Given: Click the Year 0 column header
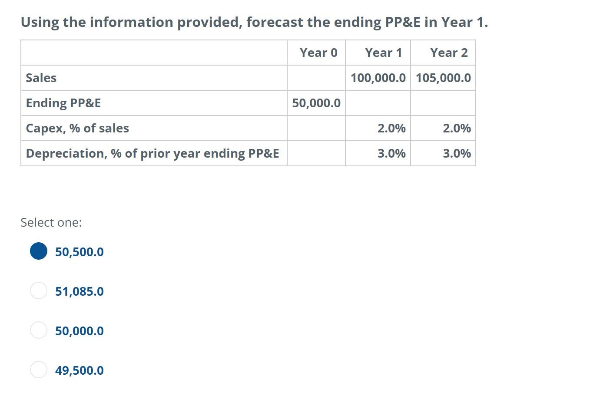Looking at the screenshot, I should coord(318,53).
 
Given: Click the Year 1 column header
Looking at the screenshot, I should coord(383,53).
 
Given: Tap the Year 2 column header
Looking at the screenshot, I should coord(449,53).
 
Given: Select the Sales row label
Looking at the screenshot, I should coord(41,78).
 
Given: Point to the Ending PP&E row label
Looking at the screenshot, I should coord(63,103).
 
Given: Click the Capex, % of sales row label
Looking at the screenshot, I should coord(77,129).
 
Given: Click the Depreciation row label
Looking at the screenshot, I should coord(152,154).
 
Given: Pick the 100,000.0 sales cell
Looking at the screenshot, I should coord(378,78).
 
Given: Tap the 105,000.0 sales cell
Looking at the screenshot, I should coord(443,78).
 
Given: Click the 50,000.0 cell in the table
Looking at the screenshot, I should coord(316,103).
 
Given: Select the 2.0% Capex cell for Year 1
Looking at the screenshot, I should coord(391,129).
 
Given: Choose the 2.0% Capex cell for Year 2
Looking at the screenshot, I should coord(457,129).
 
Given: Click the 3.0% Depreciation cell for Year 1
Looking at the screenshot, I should coord(391,154).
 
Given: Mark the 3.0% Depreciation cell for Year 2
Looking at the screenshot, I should coord(457,154).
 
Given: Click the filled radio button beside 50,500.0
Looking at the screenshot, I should coord(39,251).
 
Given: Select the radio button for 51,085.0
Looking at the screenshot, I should coord(39,290).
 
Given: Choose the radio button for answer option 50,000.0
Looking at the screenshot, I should coord(39,330).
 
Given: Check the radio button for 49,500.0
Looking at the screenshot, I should coord(39,370).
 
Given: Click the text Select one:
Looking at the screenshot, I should coord(51,222).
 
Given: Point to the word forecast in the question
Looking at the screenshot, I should coord(275,22).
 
